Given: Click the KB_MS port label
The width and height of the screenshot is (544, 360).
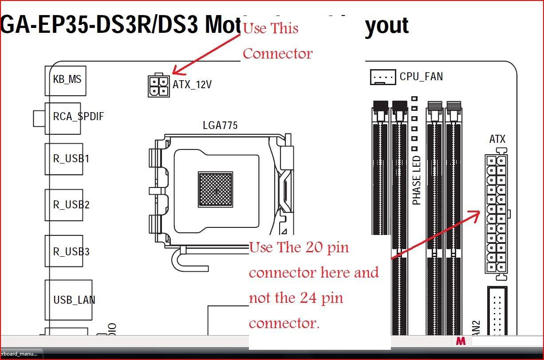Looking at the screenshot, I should click(x=67, y=80).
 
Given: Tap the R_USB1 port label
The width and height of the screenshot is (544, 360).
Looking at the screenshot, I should click(x=71, y=159).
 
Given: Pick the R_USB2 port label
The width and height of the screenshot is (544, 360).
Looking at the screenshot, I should click(x=71, y=205).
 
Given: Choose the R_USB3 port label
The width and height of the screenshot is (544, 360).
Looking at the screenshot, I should click(x=71, y=252).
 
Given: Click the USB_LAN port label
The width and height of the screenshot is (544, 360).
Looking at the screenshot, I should click(x=74, y=300).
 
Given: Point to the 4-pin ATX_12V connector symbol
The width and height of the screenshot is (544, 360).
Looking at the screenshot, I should click(x=158, y=86).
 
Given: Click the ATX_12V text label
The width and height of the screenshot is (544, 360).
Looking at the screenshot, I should click(x=192, y=84).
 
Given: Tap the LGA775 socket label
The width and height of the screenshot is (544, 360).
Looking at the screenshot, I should click(x=220, y=125).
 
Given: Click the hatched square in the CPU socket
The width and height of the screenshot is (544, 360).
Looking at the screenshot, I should click(x=215, y=189).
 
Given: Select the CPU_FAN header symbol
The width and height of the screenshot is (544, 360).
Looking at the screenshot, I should click(x=382, y=77).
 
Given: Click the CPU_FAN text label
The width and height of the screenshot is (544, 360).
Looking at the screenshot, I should click(x=421, y=77).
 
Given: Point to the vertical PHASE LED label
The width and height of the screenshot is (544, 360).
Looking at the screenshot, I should click(x=417, y=180).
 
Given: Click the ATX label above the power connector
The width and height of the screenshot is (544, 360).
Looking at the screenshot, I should click(x=497, y=139).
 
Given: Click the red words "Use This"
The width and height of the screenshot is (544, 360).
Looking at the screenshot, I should click(x=271, y=28).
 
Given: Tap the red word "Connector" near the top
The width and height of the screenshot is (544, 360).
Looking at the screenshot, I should click(x=277, y=54).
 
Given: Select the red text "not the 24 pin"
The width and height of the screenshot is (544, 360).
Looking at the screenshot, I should click(x=296, y=297).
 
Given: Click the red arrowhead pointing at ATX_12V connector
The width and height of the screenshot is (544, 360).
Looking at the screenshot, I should click(x=177, y=70).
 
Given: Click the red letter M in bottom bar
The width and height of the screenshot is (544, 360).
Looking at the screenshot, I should click(x=460, y=341).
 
